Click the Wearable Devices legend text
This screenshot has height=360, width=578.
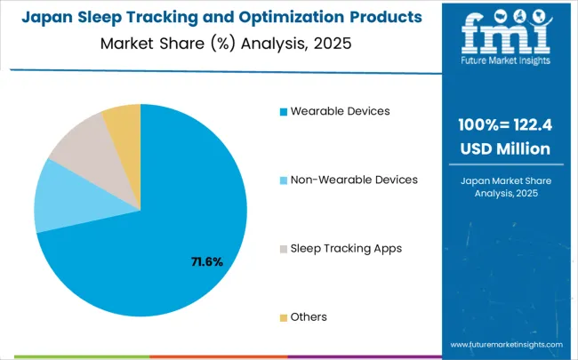(340, 111)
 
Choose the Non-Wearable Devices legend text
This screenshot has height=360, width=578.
(354, 180)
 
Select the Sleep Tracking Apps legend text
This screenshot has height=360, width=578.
(346, 248)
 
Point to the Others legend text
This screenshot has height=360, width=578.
(309, 316)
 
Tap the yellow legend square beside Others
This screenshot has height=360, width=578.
(284, 317)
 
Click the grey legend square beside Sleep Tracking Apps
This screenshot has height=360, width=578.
(284, 249)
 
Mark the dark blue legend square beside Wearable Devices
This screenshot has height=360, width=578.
(284, 112)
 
